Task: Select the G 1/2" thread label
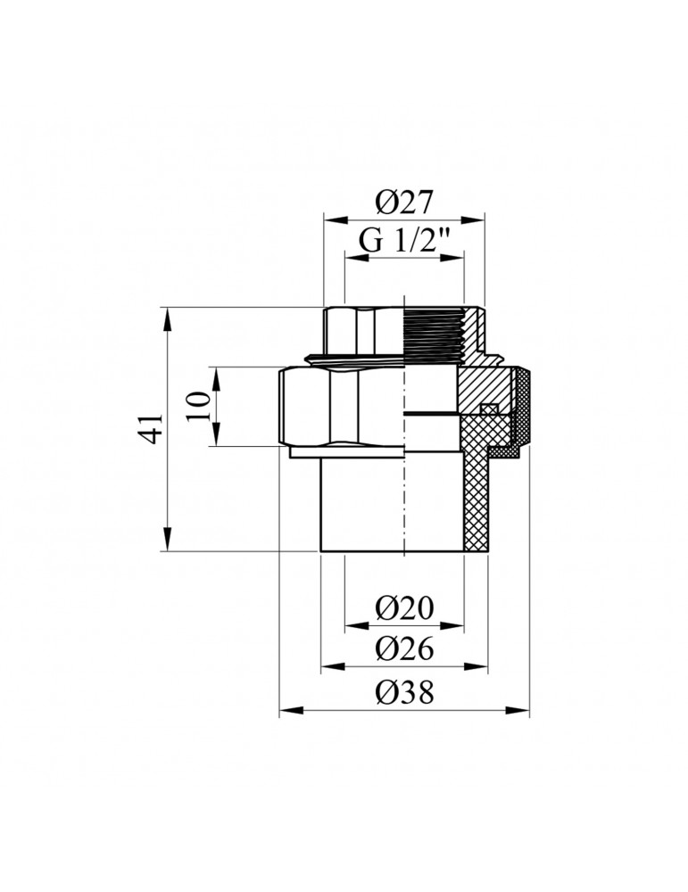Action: (x=403, y=242)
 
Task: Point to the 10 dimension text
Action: (x=202, y=406)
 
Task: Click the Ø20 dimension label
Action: (x=403, y=608)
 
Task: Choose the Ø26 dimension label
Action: (x=403, y=649)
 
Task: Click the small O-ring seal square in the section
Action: (x=487, y=410)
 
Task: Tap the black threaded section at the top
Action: (x=435, y=338)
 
